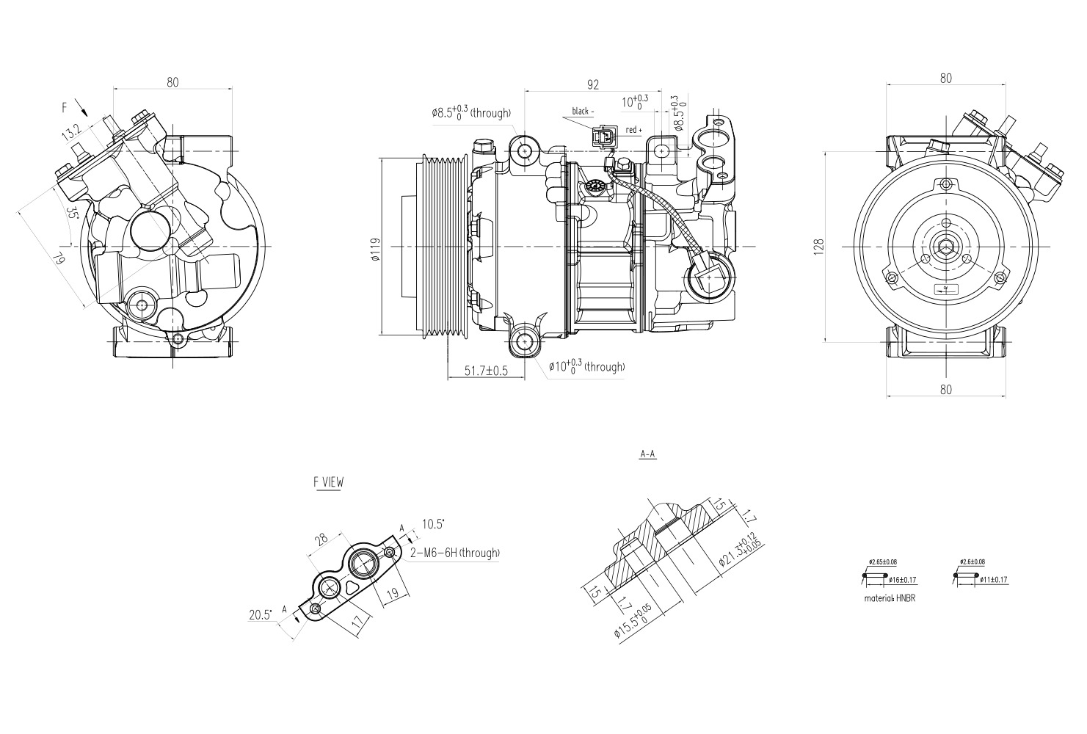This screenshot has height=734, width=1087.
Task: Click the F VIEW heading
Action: point(327,482)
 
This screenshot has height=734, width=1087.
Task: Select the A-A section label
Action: point(647,454)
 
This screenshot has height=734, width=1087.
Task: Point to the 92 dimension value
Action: point(592,84)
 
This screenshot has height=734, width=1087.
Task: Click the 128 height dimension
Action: point(818,246)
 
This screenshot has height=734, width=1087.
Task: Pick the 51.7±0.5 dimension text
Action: point(486,371)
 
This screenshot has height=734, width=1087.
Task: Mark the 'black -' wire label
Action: point(581,112)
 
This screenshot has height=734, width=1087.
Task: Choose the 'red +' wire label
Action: point(633,130)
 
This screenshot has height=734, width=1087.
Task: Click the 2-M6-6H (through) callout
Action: point(455,553)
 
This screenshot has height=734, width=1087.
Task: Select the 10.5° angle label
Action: point(433,524)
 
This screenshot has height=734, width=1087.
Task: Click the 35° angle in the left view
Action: point(72,214)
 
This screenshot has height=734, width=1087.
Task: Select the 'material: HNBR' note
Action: point(890,597)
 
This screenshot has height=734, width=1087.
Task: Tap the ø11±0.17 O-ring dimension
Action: point(993,580)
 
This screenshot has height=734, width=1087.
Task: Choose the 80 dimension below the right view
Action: point(945,389)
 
